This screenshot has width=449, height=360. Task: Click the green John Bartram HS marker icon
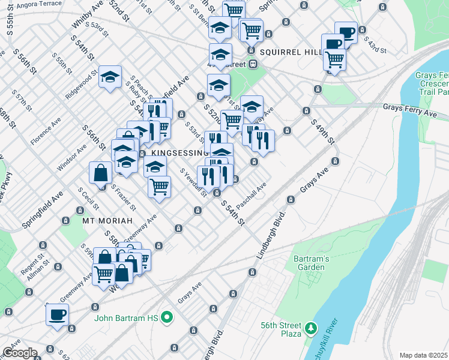[x=169, y=317]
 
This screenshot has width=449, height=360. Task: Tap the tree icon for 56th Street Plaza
[x=310, y=328]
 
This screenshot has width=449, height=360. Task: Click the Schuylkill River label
[x=330, y=344]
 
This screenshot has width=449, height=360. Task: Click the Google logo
[x=19, y=352]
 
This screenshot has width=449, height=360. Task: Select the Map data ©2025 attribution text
[x=424, y=355]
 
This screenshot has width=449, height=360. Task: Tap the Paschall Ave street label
[x=251, y=197]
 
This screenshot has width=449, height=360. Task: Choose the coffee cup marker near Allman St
[x=58, y=314]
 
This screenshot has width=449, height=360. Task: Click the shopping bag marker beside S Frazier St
[x=100, y=173]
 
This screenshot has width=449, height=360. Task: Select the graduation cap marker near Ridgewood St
[x=110, y=77]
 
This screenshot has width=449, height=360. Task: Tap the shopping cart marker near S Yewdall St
[x=160, y=186]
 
